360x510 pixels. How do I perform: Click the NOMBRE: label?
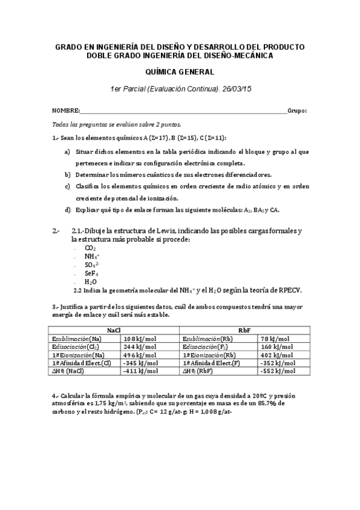coord(66,111)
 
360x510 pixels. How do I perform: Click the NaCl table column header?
coord(114,331)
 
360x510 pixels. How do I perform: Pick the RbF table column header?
coord(244,331)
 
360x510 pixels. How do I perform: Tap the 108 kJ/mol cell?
coord(140,339)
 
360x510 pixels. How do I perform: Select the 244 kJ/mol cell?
coord(140,347)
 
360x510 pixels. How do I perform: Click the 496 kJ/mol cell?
coord(140,355)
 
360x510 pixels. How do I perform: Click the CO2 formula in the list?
coord(90,248)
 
